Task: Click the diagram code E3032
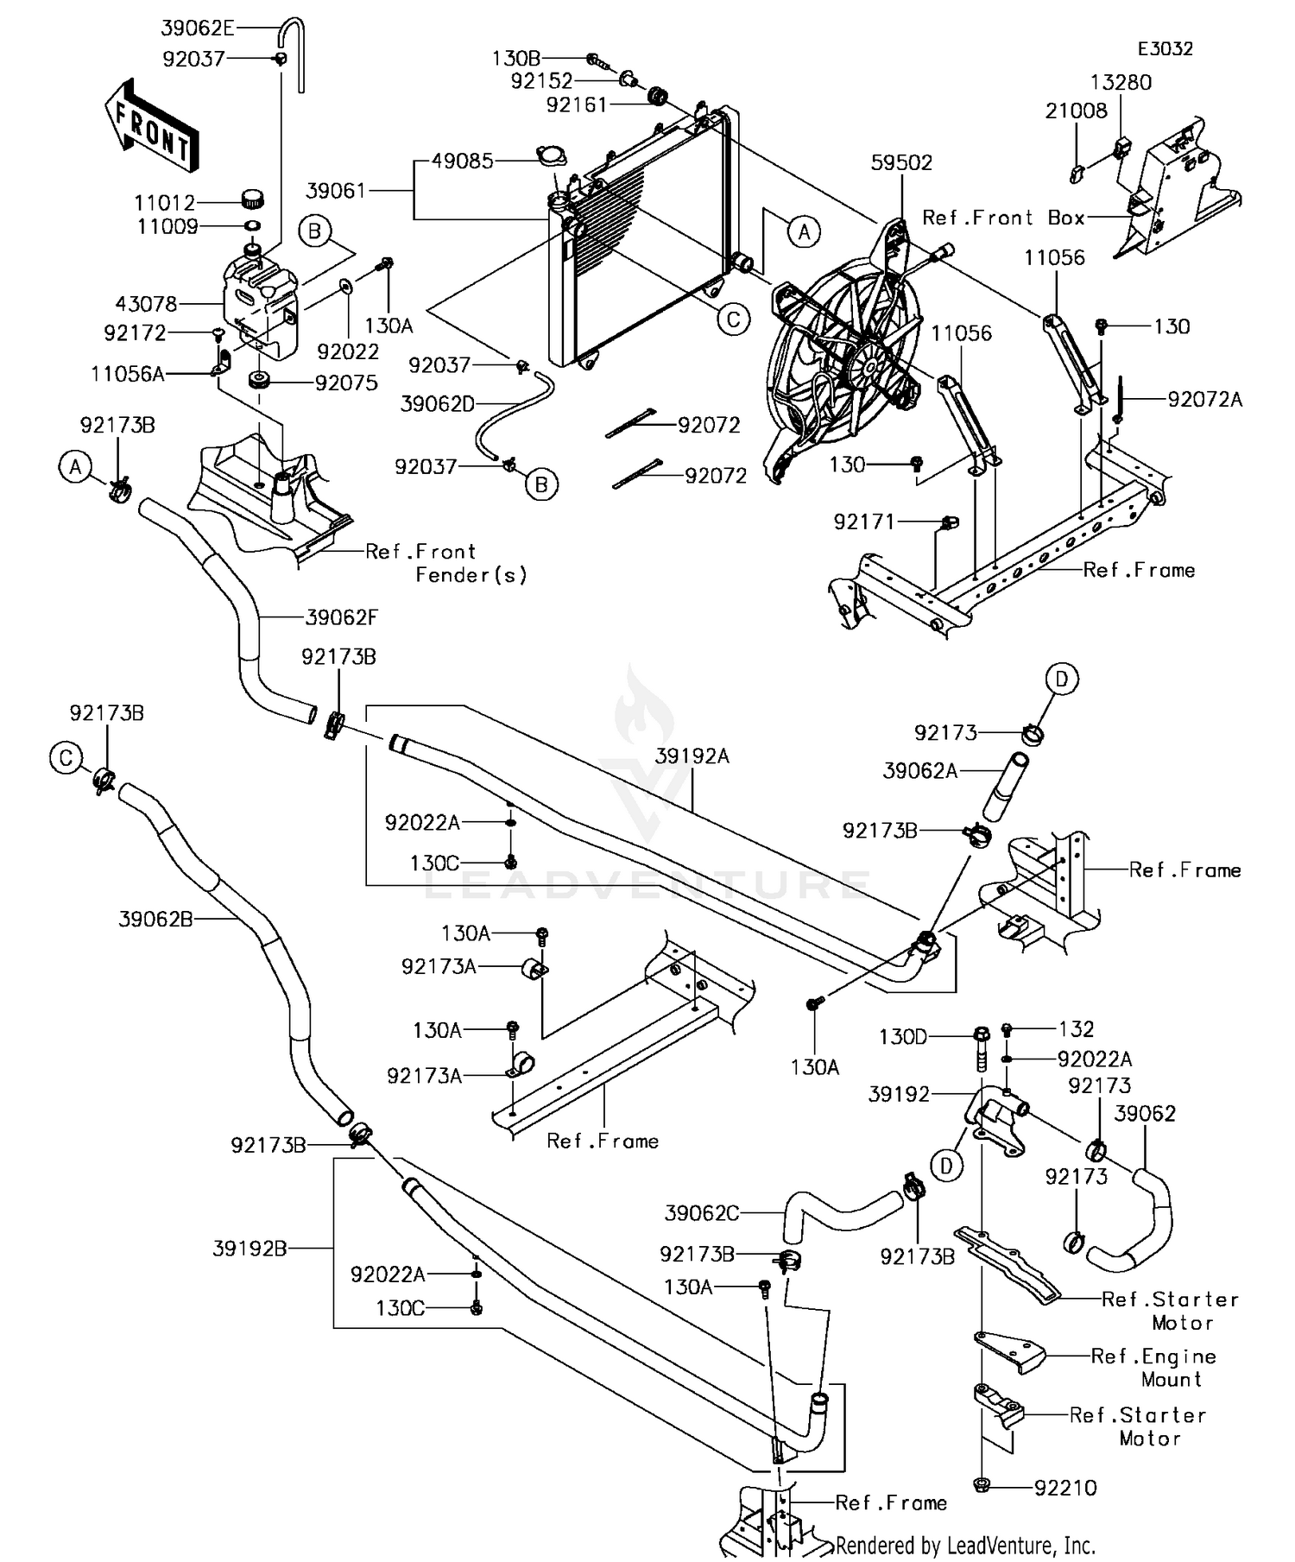coord(1165,48)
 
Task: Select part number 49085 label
coord(464,161)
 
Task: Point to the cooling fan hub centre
coord(869,368)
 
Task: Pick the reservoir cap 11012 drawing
coord(252,199)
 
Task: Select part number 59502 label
coord(901,162)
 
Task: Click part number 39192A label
coord(692,756)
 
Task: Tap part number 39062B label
coord(155,919)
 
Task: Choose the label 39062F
coord(341,617)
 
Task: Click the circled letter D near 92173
coord(1062,679)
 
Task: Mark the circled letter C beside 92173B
coord(66,758)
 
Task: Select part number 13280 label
coord(1121,82)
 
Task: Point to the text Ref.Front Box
coord(1003,218)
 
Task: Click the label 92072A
coord(1205,399)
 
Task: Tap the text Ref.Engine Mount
coord(1153,1367)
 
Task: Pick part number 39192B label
coord(250,1248)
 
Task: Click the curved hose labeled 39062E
coord(294,52)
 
